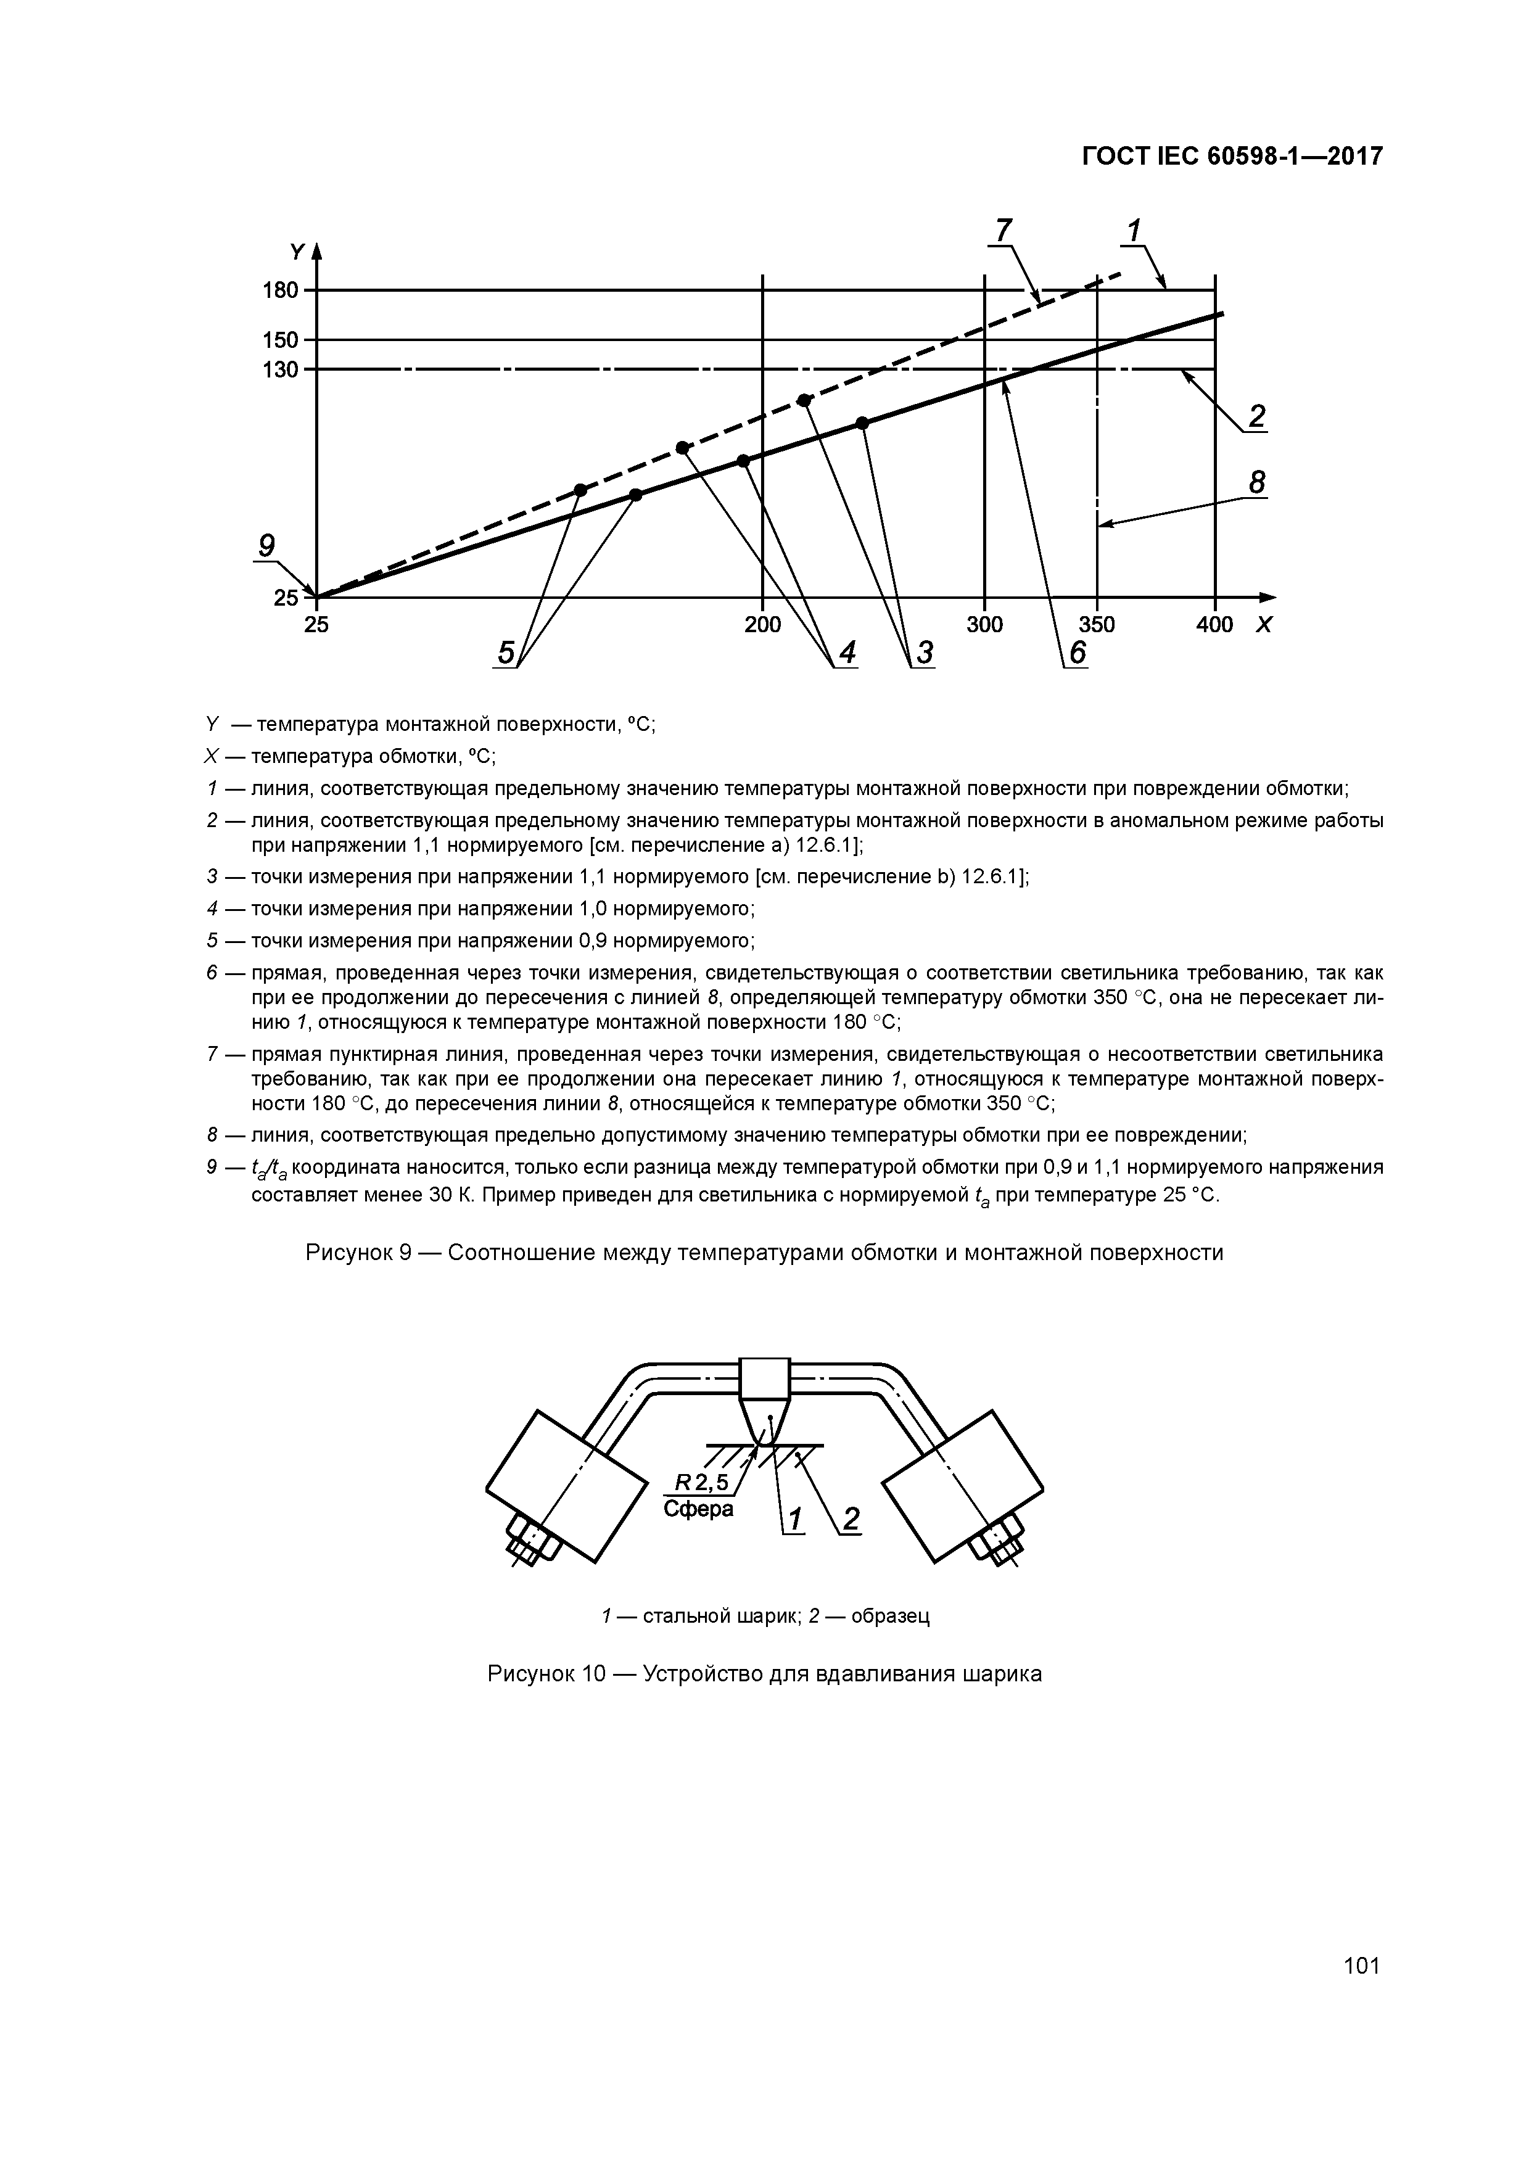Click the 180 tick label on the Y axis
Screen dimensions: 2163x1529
(280, 290)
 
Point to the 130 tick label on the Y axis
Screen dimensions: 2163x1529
(280, 369)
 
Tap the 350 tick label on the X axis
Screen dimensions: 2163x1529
(1097, 625)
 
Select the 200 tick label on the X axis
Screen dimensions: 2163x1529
(762, 625)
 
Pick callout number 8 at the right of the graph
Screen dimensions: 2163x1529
(1257, 484)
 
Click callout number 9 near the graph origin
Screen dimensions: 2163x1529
(266, 546)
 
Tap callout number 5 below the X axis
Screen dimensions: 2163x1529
(506, 652)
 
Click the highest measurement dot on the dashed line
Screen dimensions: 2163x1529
(804, 400)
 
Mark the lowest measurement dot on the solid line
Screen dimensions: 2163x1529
(636, 495)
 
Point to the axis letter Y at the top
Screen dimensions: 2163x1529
(298, 252)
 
